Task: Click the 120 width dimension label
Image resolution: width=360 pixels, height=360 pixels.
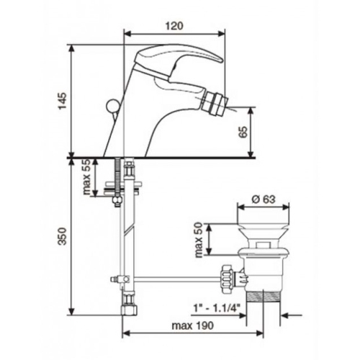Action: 174,26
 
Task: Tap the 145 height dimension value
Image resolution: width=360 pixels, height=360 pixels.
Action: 63,101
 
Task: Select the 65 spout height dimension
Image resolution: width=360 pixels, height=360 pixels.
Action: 243,132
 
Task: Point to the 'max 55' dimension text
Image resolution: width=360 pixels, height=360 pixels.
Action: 86,177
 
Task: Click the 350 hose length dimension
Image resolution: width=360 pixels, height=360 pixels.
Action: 63,236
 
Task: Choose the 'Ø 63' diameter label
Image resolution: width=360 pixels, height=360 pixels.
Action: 264,199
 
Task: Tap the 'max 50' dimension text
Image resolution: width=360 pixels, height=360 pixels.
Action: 199,240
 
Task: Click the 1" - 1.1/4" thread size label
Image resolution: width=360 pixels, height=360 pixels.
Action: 217,307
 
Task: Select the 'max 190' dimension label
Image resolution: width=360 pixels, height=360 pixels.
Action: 192,325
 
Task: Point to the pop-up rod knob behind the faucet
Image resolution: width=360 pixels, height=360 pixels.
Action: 111,105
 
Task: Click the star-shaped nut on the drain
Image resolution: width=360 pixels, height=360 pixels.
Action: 227,279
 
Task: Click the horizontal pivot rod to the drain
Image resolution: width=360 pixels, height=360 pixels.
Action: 178,279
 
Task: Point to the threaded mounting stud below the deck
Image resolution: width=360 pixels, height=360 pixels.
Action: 117,178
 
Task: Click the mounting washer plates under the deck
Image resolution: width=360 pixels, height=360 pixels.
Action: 122,189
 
